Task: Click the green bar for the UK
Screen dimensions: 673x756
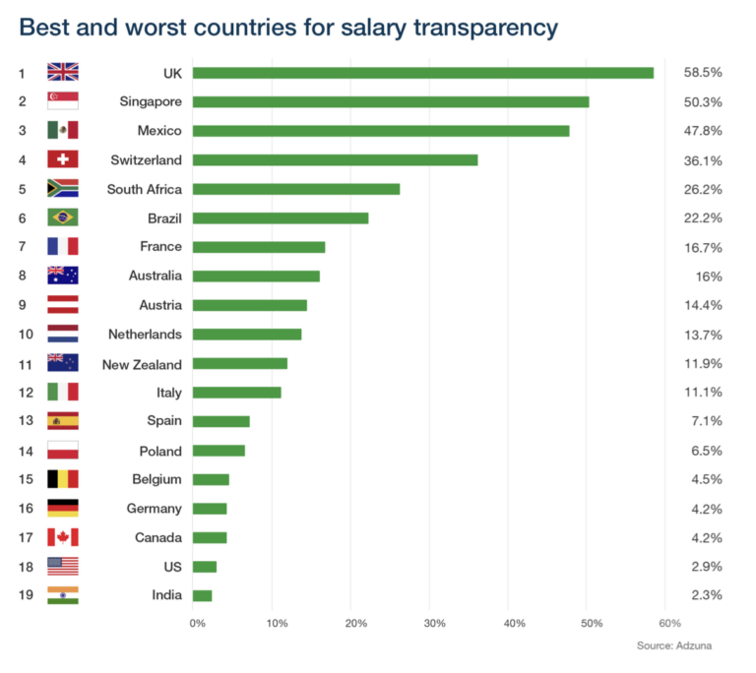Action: coord(422,73)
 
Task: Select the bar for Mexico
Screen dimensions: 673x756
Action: coord(380,131)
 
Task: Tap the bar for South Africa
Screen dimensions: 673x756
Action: coord(295,189)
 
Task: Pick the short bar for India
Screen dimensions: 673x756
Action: coord(202,595)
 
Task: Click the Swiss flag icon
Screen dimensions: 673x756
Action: coord(62,159)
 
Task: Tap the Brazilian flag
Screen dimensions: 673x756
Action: coord(62,217)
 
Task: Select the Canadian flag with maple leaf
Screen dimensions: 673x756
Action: coord(62,537)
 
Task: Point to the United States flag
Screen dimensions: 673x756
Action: coord(62,567)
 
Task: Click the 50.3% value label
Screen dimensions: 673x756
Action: coord(702,101)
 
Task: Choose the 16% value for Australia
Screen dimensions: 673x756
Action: coord(709,276)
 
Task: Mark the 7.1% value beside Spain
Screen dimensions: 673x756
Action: coord(706,422)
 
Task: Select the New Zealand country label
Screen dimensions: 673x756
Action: coord(142,364)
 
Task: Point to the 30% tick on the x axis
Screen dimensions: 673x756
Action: coord(434,623)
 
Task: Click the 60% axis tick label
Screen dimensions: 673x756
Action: coord(669,623)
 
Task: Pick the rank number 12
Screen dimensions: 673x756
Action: coord(26,393)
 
